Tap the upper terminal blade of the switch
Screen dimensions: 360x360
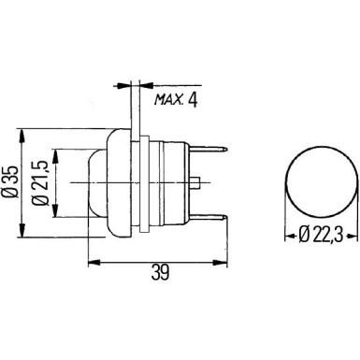(x=216, y=148)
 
